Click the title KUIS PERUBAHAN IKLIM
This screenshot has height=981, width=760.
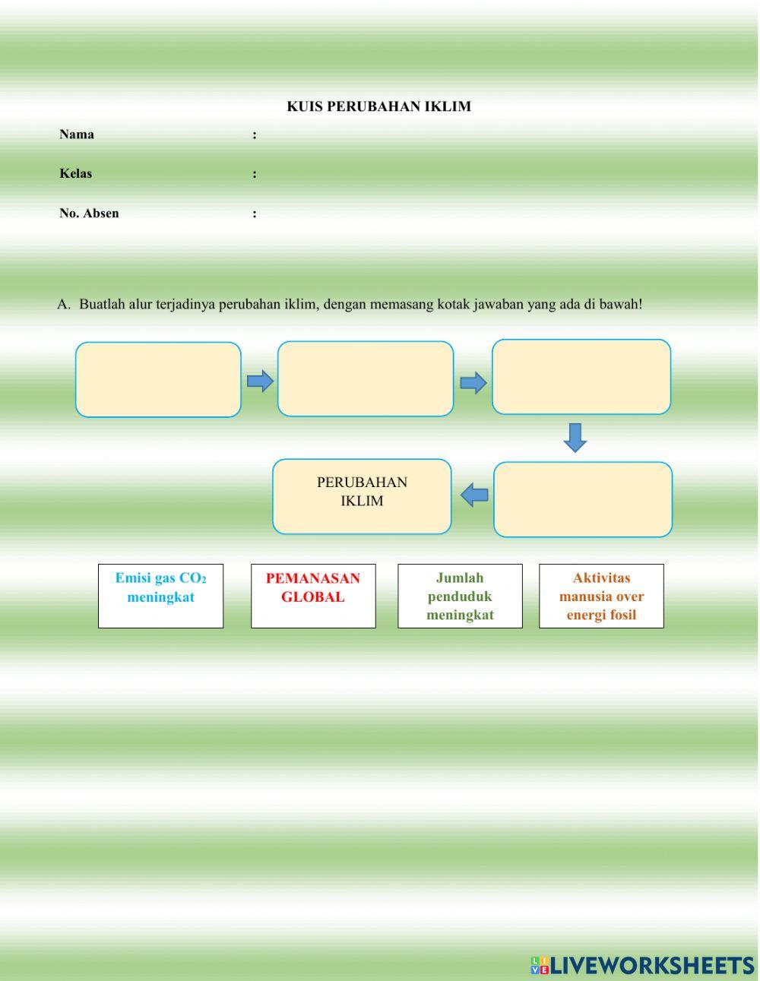(378, 106)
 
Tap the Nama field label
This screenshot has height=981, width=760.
(77, 134)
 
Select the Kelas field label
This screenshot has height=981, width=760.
(75, 173)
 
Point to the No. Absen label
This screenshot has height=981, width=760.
(89, 213)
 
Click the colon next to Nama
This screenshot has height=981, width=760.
(255, 135)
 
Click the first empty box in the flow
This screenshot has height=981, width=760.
(158, 379)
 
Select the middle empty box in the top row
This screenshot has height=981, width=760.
(366, 378)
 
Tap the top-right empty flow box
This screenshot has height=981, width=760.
(581, 377)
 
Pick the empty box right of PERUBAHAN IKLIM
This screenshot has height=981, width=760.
(583, 499)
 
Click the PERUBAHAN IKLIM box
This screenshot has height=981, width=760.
(362, 495)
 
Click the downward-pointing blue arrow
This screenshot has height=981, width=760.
(575, 438)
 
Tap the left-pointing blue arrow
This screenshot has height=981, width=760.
(474, 495)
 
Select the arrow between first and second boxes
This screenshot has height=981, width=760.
(260, 381)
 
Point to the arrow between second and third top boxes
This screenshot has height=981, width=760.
(473, 382)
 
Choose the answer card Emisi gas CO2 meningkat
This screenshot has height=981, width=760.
(160, 596)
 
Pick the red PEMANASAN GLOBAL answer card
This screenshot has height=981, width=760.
(313, 596)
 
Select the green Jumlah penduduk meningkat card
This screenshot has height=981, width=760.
(460, 596)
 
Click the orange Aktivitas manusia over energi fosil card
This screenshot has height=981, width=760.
(601, 596)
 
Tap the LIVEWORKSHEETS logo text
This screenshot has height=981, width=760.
(651, 966)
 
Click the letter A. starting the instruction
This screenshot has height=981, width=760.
(63, 305)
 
